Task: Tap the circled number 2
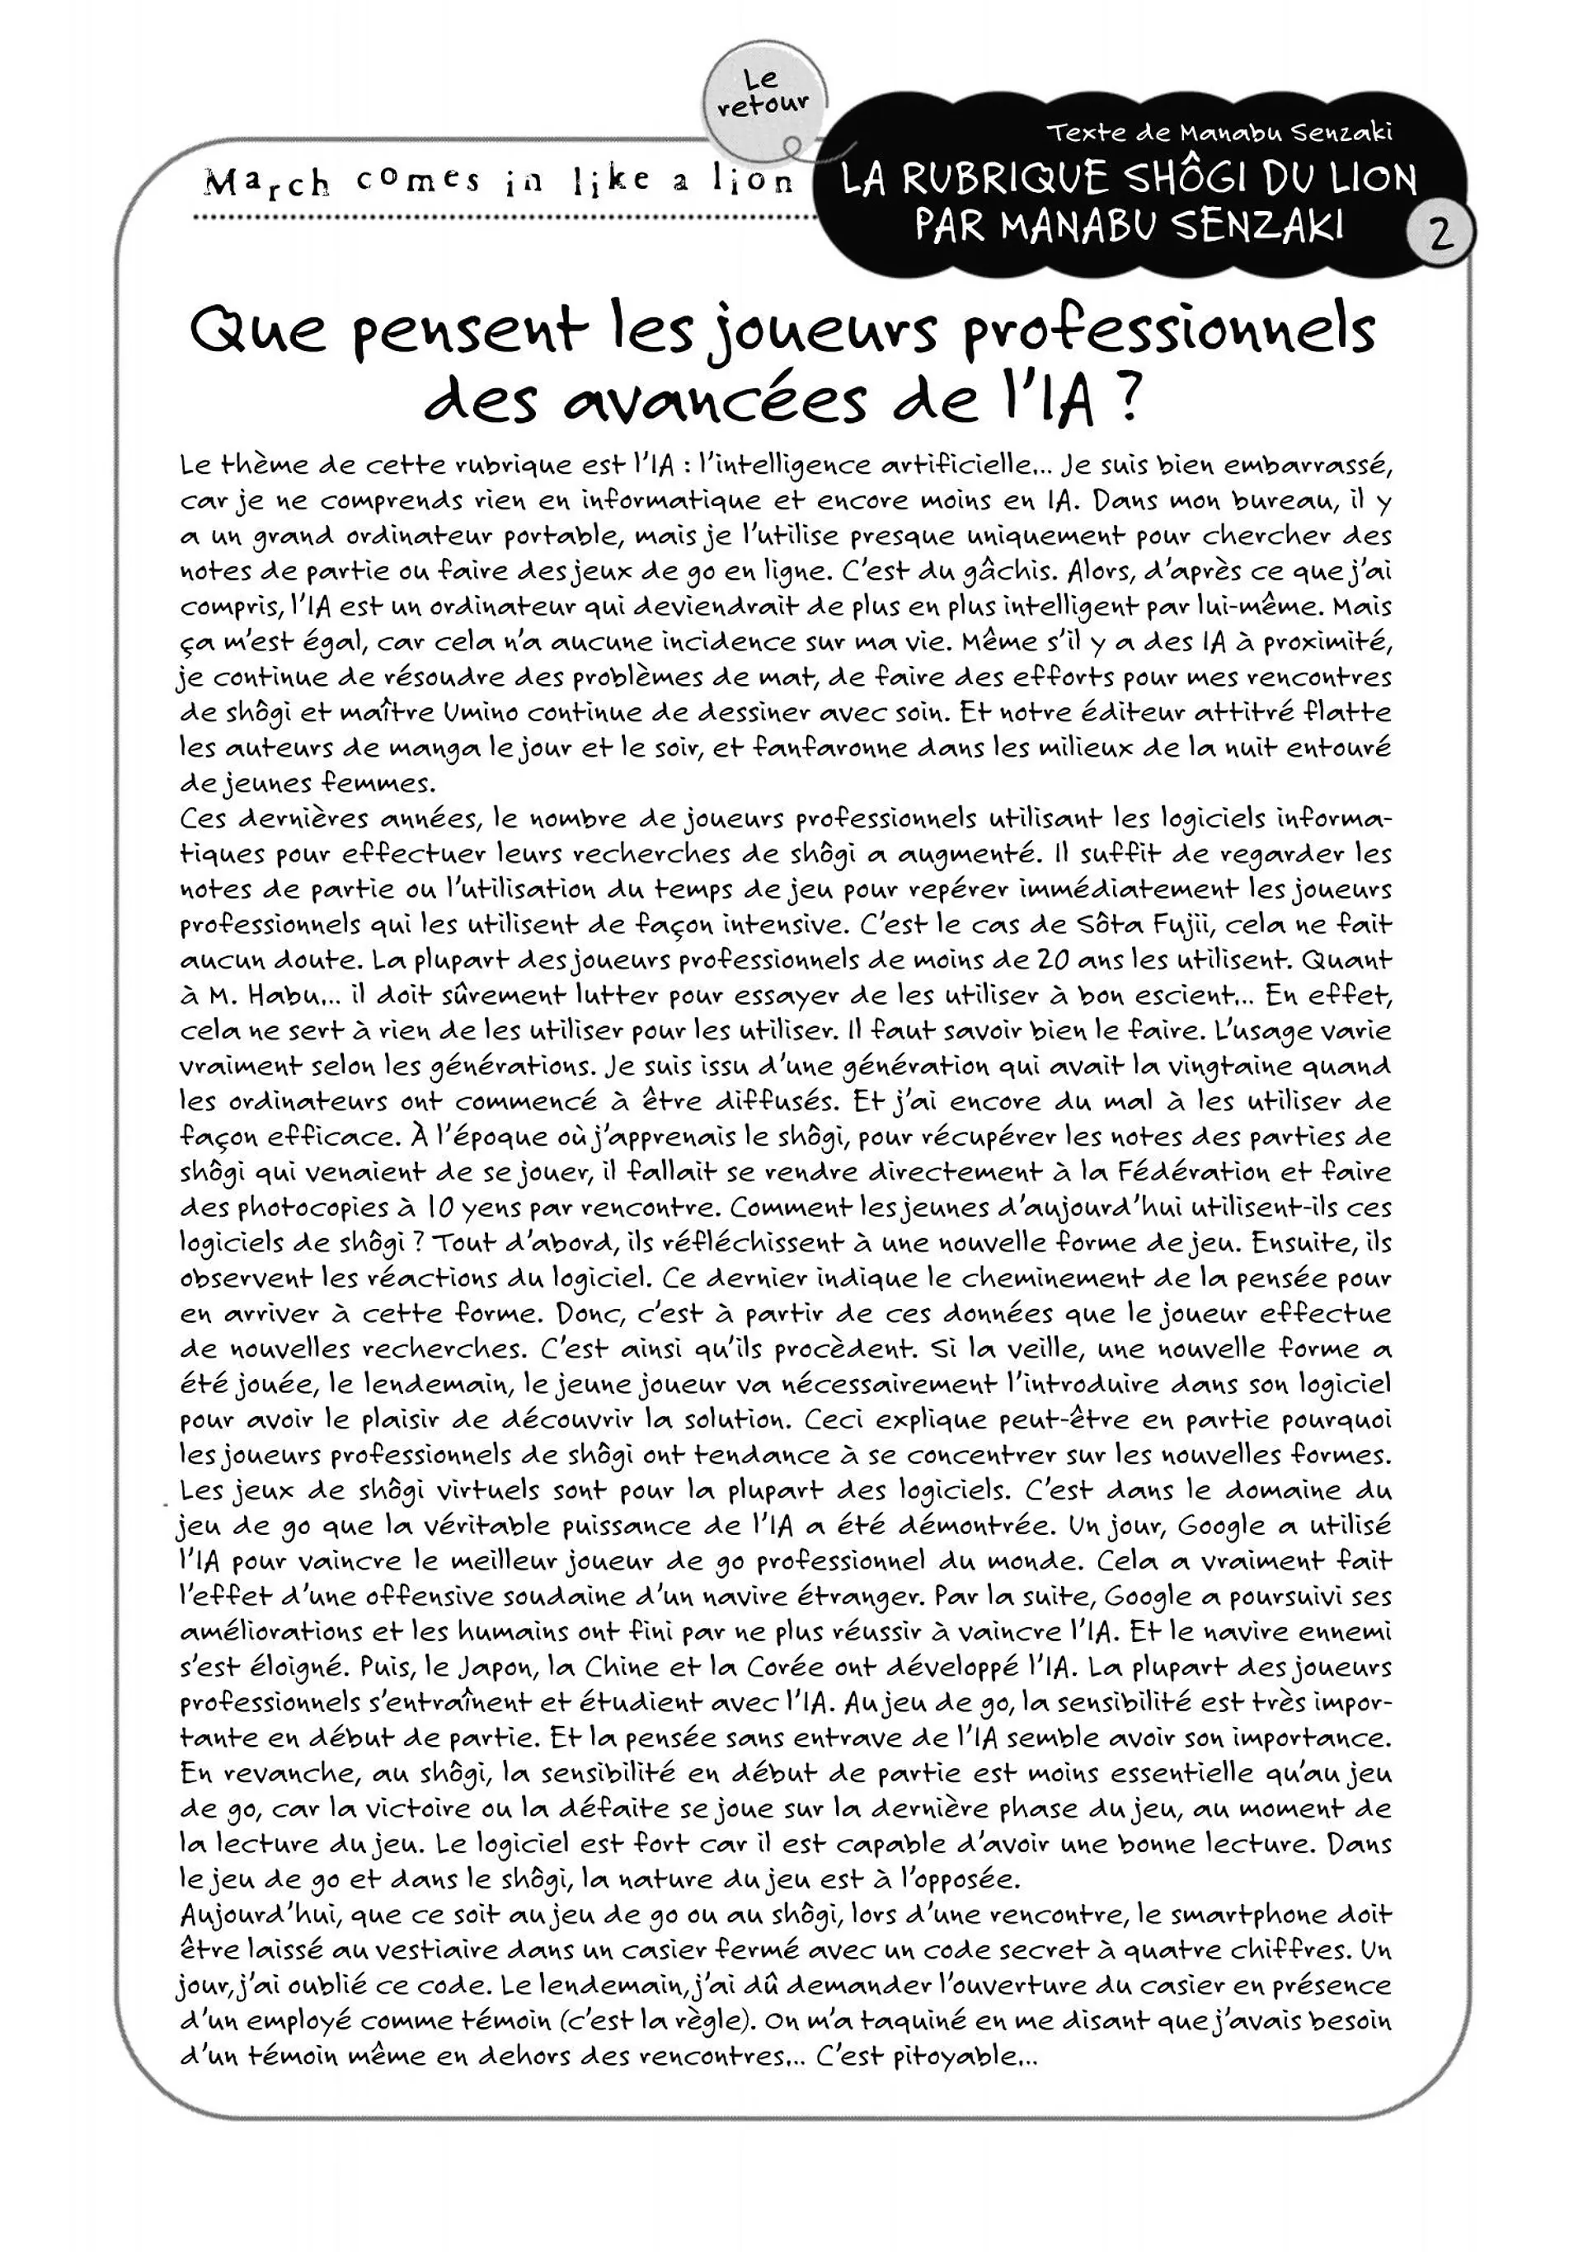tap(1439, 234)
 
